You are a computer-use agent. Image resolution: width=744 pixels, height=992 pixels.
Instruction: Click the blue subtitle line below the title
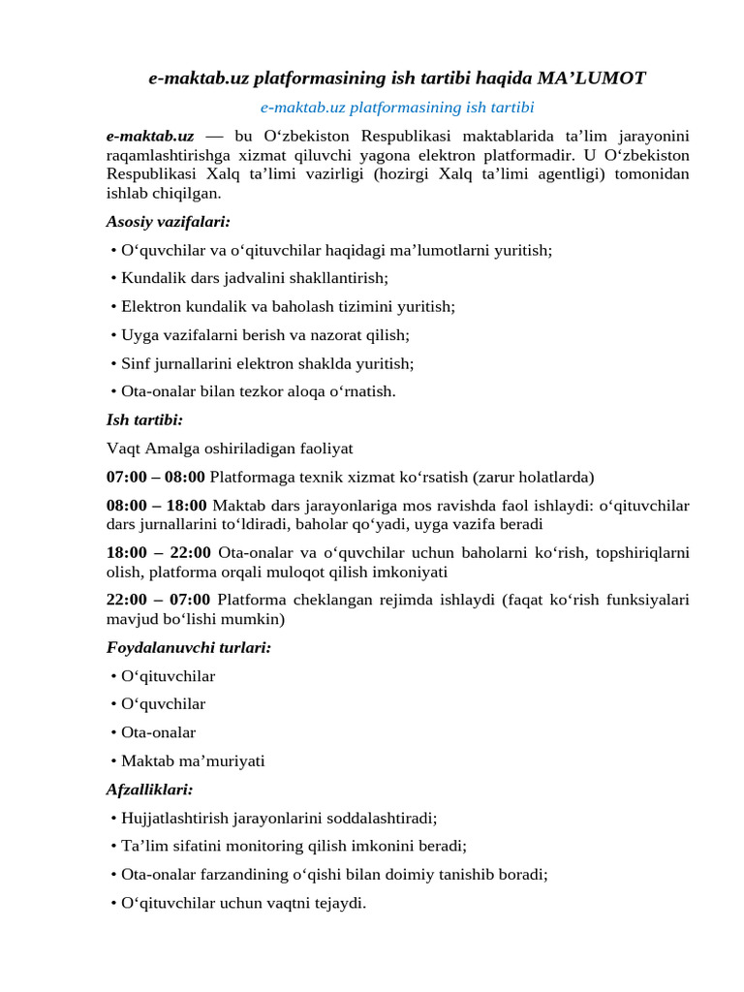[397, 107]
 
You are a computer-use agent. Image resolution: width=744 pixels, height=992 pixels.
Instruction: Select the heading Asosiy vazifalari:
[168, 222]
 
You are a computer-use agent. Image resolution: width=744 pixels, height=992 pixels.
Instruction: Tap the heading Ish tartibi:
[144, 420]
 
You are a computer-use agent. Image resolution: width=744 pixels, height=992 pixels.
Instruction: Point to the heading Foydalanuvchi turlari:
[189, 647]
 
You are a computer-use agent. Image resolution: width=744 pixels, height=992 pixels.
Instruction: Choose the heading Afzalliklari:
[150, 789]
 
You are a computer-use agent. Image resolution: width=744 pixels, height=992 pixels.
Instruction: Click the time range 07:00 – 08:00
[155, 477]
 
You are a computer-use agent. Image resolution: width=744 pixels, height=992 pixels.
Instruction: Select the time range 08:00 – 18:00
[156, 505]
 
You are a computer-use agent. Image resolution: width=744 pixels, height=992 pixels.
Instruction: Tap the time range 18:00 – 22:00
[158, 552]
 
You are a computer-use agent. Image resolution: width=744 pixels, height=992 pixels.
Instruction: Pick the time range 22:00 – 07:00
[158, 600]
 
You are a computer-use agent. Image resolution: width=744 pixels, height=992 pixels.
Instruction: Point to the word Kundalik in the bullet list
[150, 278]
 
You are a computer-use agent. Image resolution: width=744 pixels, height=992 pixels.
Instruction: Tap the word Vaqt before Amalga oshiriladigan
[123, 449]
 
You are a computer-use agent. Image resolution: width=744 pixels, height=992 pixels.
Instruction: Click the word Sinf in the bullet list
[137, 363]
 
